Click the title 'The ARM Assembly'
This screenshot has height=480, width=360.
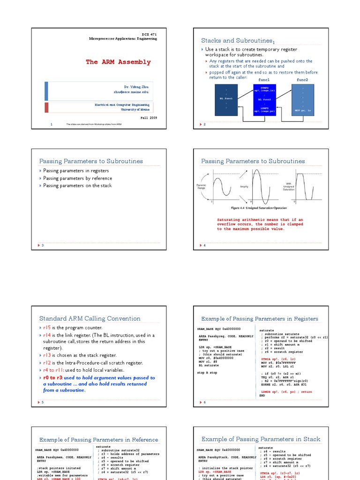point(118,62)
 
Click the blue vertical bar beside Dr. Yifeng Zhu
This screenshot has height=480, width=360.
point(46,90)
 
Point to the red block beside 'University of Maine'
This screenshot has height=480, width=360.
point(46,107)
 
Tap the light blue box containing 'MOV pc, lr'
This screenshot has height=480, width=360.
point(303,99)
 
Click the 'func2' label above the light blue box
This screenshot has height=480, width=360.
point(303,80)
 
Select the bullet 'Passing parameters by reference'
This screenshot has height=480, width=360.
point(77,178)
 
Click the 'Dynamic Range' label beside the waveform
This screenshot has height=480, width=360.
point(201,187)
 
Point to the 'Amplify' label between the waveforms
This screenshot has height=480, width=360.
point(244,187)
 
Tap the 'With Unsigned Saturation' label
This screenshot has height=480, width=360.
point(289,187)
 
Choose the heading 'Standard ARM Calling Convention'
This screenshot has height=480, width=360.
point(90,319)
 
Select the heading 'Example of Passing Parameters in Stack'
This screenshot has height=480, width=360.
point(261,439)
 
